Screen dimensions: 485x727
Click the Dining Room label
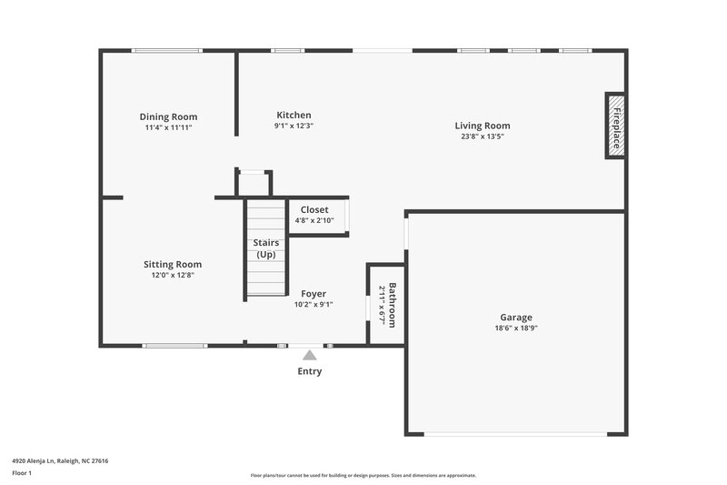point(168,116)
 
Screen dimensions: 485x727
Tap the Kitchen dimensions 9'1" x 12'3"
point(294,126)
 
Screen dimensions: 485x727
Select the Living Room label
point(483,126)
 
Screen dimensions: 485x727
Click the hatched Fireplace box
point(615,126)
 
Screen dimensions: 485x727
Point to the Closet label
point(314,209)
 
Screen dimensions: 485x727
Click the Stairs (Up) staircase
point(266,248)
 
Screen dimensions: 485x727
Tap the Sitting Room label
point(173,264)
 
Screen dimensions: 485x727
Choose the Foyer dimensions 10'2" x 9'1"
point(314,305)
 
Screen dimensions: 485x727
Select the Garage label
point(516,318)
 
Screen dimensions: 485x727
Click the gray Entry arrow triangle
point(310,355)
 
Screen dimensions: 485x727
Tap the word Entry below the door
point(310,371)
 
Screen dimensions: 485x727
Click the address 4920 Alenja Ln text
point(60,460)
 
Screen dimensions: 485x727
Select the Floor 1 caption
point(22,473)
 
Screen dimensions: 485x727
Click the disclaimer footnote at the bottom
point(363,475)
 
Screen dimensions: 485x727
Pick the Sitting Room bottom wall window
point(174,346)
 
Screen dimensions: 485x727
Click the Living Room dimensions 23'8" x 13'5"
point(483,136)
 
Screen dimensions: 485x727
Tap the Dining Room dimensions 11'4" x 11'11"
point(168,127)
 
